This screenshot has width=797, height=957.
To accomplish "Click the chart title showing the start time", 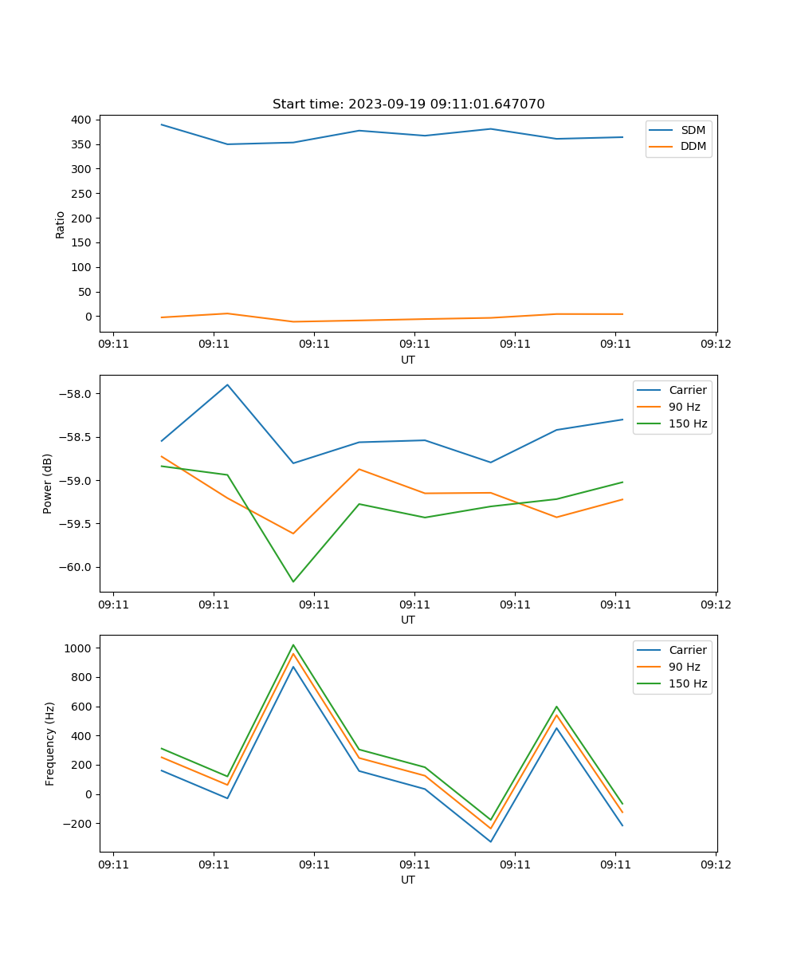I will [408, 104].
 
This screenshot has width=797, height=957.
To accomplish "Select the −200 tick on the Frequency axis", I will [77, 824].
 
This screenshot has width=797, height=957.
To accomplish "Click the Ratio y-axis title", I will [61, 224].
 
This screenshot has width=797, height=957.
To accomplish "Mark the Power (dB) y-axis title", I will [48, 483].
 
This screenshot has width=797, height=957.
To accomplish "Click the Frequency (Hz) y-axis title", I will [50, 743].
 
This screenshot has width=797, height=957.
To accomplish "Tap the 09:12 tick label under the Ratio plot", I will [715, 345].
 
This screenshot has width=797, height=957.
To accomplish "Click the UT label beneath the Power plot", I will [408, 620].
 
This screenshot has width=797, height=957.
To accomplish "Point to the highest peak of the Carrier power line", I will [228, 385].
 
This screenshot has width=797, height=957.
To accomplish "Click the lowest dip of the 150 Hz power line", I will [293, 581].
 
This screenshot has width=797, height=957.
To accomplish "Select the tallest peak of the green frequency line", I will [293, 645].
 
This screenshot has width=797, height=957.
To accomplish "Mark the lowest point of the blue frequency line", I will [490, 841].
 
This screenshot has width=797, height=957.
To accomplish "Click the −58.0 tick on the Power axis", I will [74, 394].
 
